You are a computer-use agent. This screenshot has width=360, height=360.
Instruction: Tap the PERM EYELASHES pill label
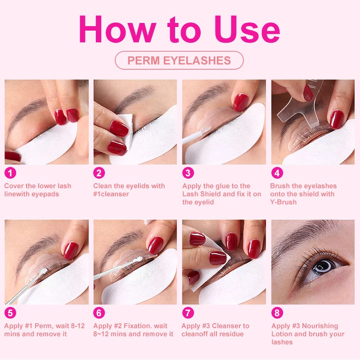179,60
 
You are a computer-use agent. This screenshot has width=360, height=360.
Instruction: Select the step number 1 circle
10,173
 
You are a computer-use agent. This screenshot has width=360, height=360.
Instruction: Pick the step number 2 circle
99,173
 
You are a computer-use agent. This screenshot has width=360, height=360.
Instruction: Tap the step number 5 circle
10,313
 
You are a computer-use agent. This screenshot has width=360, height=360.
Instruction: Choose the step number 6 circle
99,313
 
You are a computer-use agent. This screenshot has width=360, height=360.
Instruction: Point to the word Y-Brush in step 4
283,202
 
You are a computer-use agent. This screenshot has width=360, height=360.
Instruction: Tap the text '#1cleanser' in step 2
111,194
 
